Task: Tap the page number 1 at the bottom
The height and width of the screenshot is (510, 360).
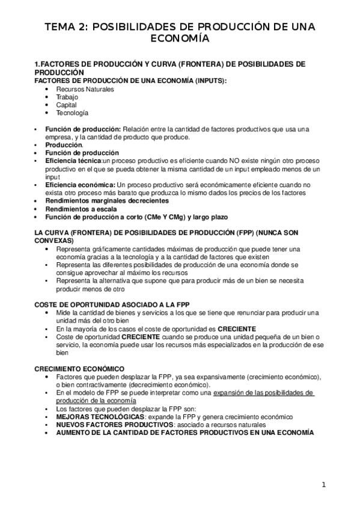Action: [x=323, y=485]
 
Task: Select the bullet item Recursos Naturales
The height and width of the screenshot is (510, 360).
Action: [x=85, y=89]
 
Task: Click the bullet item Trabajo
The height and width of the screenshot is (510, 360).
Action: [x=67, y=97]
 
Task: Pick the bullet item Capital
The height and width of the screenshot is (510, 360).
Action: [x=66, y=105]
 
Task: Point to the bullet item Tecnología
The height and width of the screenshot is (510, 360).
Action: [x=72, y=112]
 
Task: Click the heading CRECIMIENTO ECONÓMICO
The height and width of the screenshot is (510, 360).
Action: [x=79, y=368]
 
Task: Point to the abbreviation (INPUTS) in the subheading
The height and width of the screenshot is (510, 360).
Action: [x=209, y=81]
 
